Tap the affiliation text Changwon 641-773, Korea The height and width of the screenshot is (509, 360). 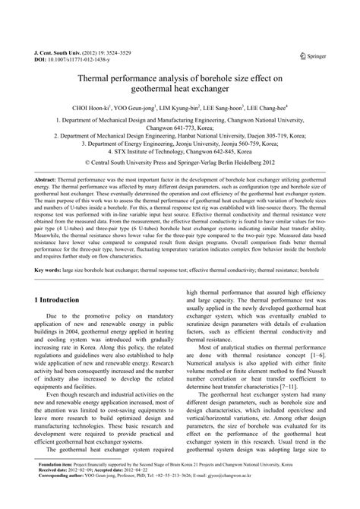click(x=180, y=128)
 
